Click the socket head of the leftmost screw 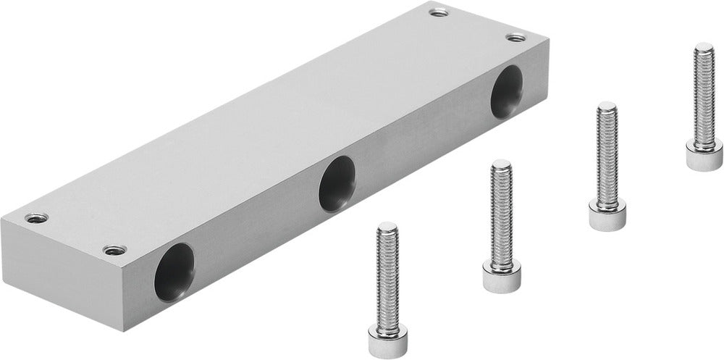point(387,335)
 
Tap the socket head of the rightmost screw point(704,155)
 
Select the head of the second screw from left point(500,275)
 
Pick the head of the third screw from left point(607,215)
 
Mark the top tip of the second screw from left point(501,165)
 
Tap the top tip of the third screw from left point(607,106)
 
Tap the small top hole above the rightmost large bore point(515,37)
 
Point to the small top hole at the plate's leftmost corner point(34,217)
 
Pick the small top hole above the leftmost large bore point(112,250)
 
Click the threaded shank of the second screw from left point(501,214)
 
